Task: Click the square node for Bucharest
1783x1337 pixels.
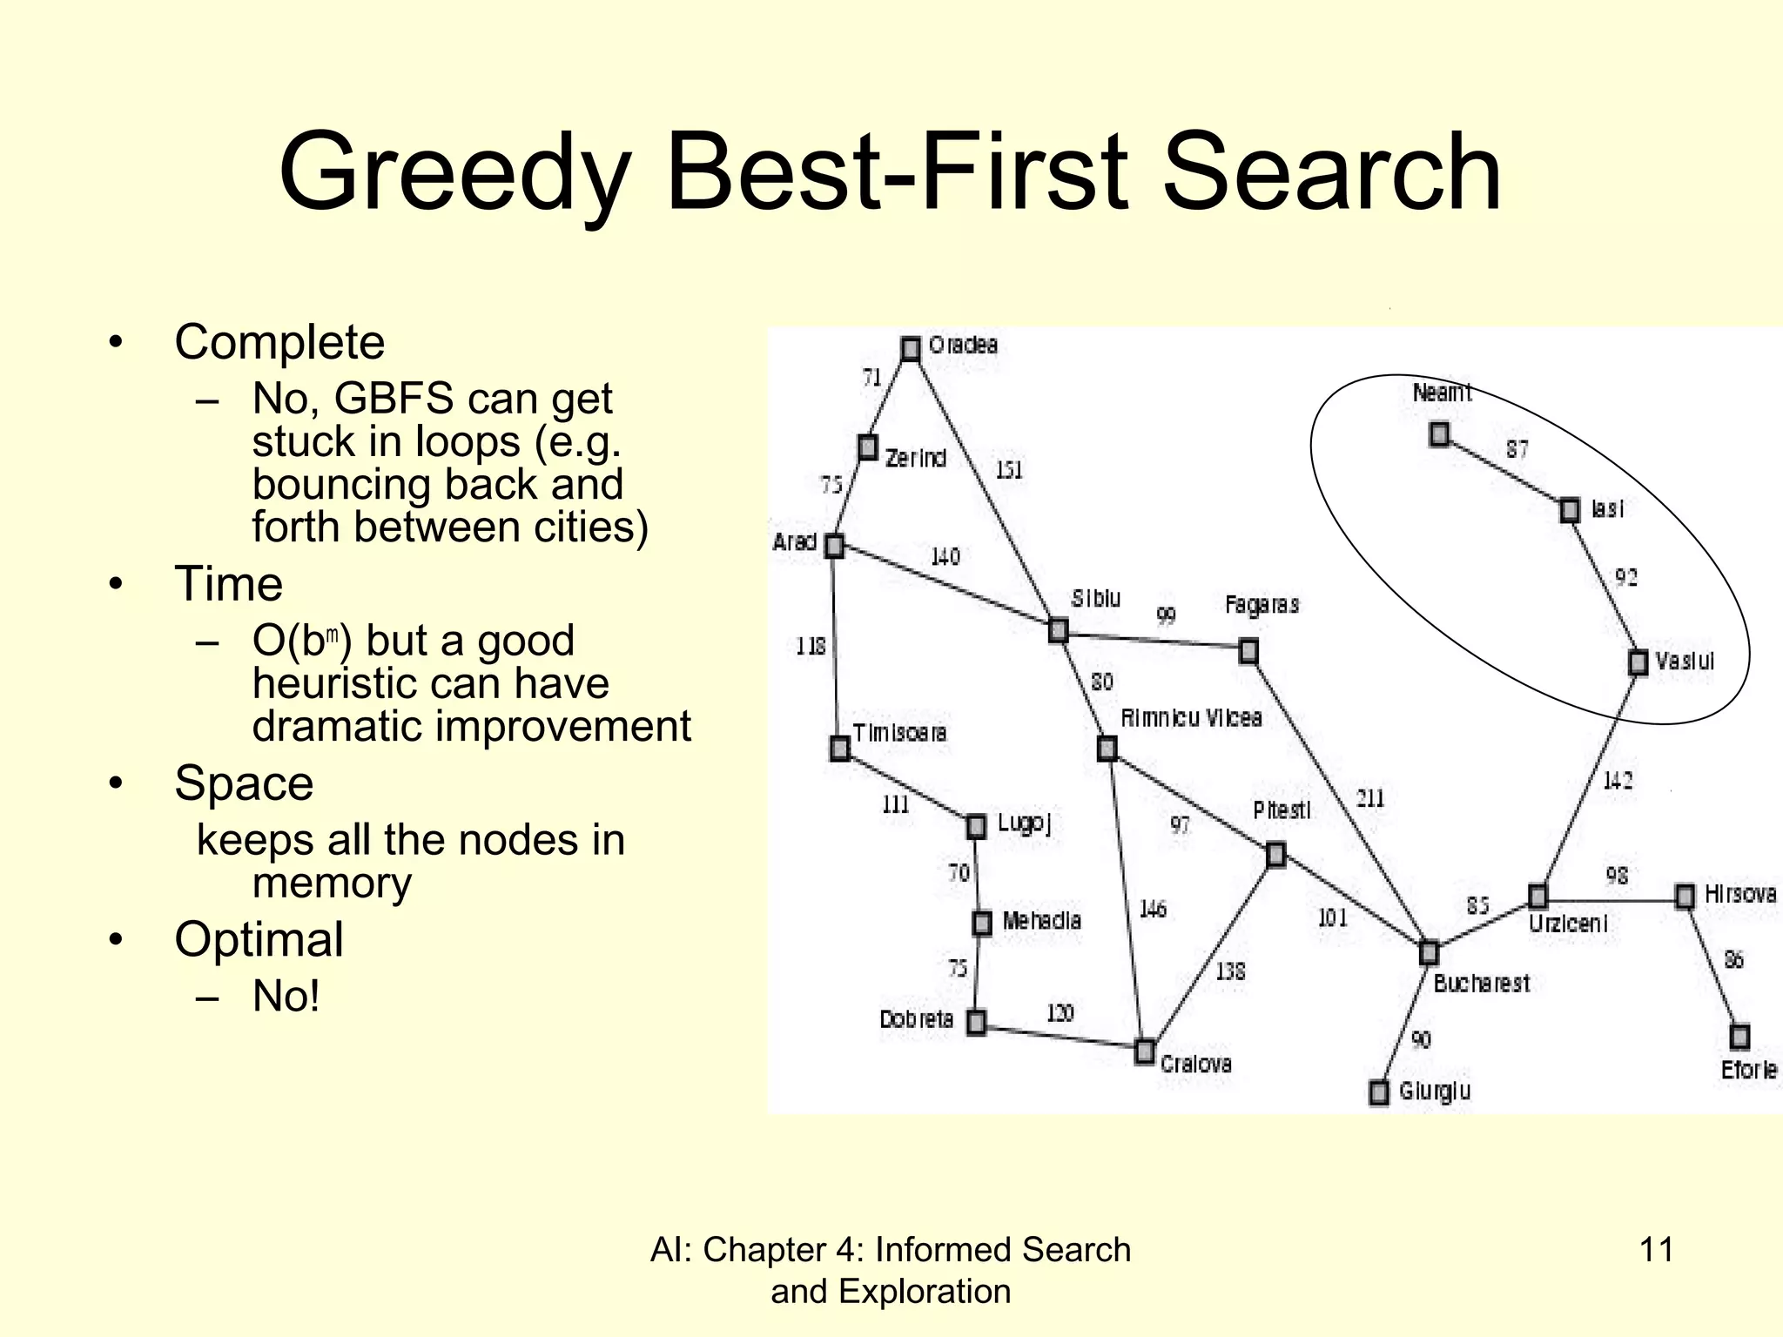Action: coord(1429,953)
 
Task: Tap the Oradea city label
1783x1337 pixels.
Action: coord(963,346)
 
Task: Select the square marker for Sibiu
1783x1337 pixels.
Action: coord(1058,629)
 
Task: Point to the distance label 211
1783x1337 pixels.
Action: coord(1369,798)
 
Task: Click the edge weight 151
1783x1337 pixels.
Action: coord(1008,470)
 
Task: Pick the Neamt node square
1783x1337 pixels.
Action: coord(1440,433)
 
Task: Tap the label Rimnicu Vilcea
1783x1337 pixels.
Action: coord(1191,718)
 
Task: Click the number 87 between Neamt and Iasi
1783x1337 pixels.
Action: coord(1517,449)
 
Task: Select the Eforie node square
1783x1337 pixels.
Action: coord(1739,1037)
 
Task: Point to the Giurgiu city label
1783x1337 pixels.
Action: coord(1435,1091)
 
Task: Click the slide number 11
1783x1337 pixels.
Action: coord(1656,1250)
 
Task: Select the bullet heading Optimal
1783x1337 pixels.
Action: coord(259,940)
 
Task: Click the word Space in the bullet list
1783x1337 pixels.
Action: coord(244,783)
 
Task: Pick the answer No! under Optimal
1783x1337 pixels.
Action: coord(286,997)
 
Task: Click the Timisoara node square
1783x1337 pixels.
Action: coord(839,748)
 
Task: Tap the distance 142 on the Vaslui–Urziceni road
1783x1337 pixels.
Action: coord(1618,780)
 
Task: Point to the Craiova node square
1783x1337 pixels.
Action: coord(1145,1051)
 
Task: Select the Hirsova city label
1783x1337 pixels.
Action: coord(1739,894)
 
